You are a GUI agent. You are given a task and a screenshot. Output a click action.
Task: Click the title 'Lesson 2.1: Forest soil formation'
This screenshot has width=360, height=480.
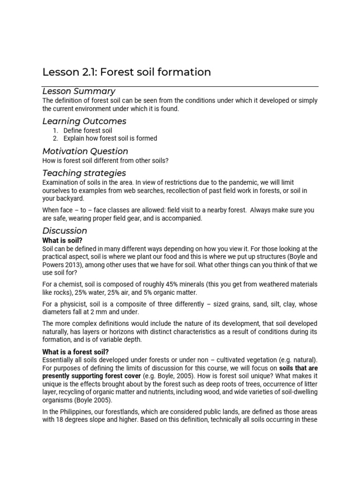tap(127, 72)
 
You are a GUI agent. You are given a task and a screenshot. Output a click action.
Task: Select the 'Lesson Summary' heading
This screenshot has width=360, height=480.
tap(79, 91)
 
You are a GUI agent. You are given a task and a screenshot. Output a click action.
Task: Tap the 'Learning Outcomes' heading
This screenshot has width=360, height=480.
tap(84, 121)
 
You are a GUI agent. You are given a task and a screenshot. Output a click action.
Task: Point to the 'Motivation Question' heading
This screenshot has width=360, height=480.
tap(85, 151)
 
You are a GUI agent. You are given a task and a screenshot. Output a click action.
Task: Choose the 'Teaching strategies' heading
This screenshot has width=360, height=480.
tap(84, 173)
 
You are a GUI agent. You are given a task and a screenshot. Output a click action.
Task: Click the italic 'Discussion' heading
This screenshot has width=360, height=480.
tap(65, 231)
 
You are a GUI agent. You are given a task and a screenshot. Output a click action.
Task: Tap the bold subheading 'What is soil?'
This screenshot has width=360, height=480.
tap(62, 240)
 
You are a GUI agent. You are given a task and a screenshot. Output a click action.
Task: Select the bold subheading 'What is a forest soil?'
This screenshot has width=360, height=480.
tap(76, 352)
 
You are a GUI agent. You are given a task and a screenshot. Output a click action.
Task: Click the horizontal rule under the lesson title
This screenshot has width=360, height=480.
tap(180, 87)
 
